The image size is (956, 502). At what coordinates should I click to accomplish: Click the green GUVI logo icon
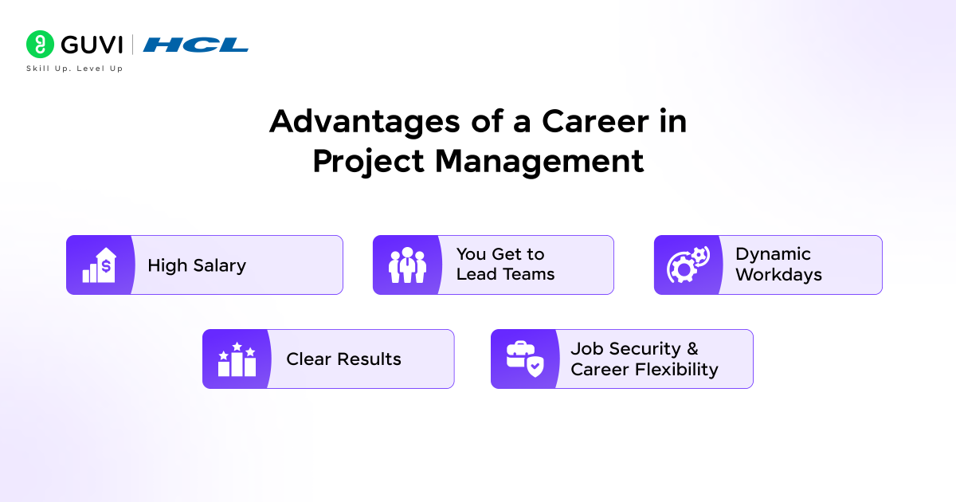coord(40,45)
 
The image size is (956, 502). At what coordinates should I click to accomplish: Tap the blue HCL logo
coord(196,45)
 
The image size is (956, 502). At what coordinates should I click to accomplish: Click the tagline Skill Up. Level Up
coord(75,69)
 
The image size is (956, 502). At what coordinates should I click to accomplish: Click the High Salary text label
coord(197,265)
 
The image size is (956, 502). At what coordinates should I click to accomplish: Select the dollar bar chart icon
coord(99,265)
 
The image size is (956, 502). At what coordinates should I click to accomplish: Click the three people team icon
coord(407,265)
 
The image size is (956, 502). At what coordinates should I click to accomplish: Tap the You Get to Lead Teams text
coord(505,265)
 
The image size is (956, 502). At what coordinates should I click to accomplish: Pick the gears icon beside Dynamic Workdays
coord(688,265)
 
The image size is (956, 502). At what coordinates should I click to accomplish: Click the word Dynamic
coord(773,254)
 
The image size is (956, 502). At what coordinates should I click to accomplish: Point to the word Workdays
coord(778,275)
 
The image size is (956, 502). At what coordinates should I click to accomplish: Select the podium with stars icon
coord(237,359)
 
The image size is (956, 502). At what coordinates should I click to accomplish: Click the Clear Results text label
coord(343,359)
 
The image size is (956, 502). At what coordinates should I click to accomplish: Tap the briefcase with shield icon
coord(524,359)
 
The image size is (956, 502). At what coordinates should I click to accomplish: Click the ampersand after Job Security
coord(692,349)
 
